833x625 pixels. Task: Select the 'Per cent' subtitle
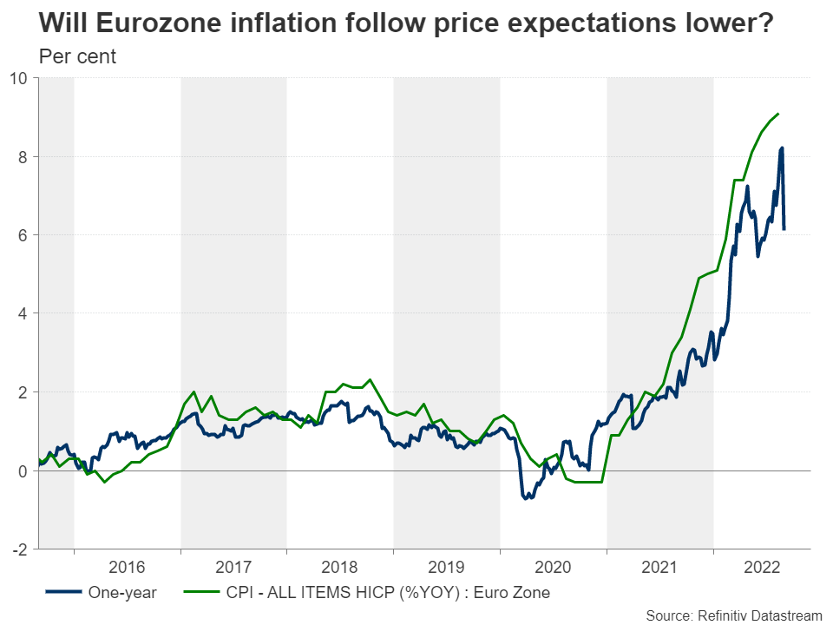pyautogui.click(x=78, y=57)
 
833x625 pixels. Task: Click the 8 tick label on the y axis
pyautogui.click(x=23, y=157)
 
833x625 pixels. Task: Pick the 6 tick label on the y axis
pyautogui.click(x=23, y=235)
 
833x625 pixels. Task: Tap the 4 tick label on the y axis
pyautogui.click(x=23, y=313)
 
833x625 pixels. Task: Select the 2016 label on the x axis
pyautogui.click(x=127, y=568)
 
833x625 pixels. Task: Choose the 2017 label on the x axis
pyautogui.click(x=233, y=568)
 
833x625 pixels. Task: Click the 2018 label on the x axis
pyautogui.click(x=340, y=568)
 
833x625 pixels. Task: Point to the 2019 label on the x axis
pyautogui.click(x=447, y=568)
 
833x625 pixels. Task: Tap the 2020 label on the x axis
pyautogui.click(x=554, y=568)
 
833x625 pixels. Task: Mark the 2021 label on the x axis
pyautogui.click(x=660, y=568)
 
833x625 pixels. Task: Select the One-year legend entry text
pyautogui.click(x=122, y=594)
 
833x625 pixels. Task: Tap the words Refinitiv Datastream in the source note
pyautogui.click(x=760, y=615)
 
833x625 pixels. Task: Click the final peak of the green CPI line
pyautogui.click(x=778, y=114)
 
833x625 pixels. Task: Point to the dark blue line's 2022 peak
pyautogui.click(x=782, y=148)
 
